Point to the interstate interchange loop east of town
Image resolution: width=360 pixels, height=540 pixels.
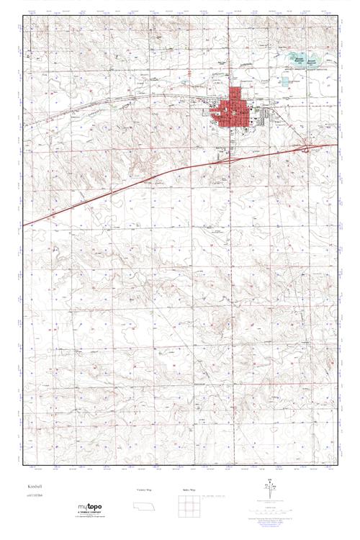coord(308,148)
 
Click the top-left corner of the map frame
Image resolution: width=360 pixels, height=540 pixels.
coord(22,15)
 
